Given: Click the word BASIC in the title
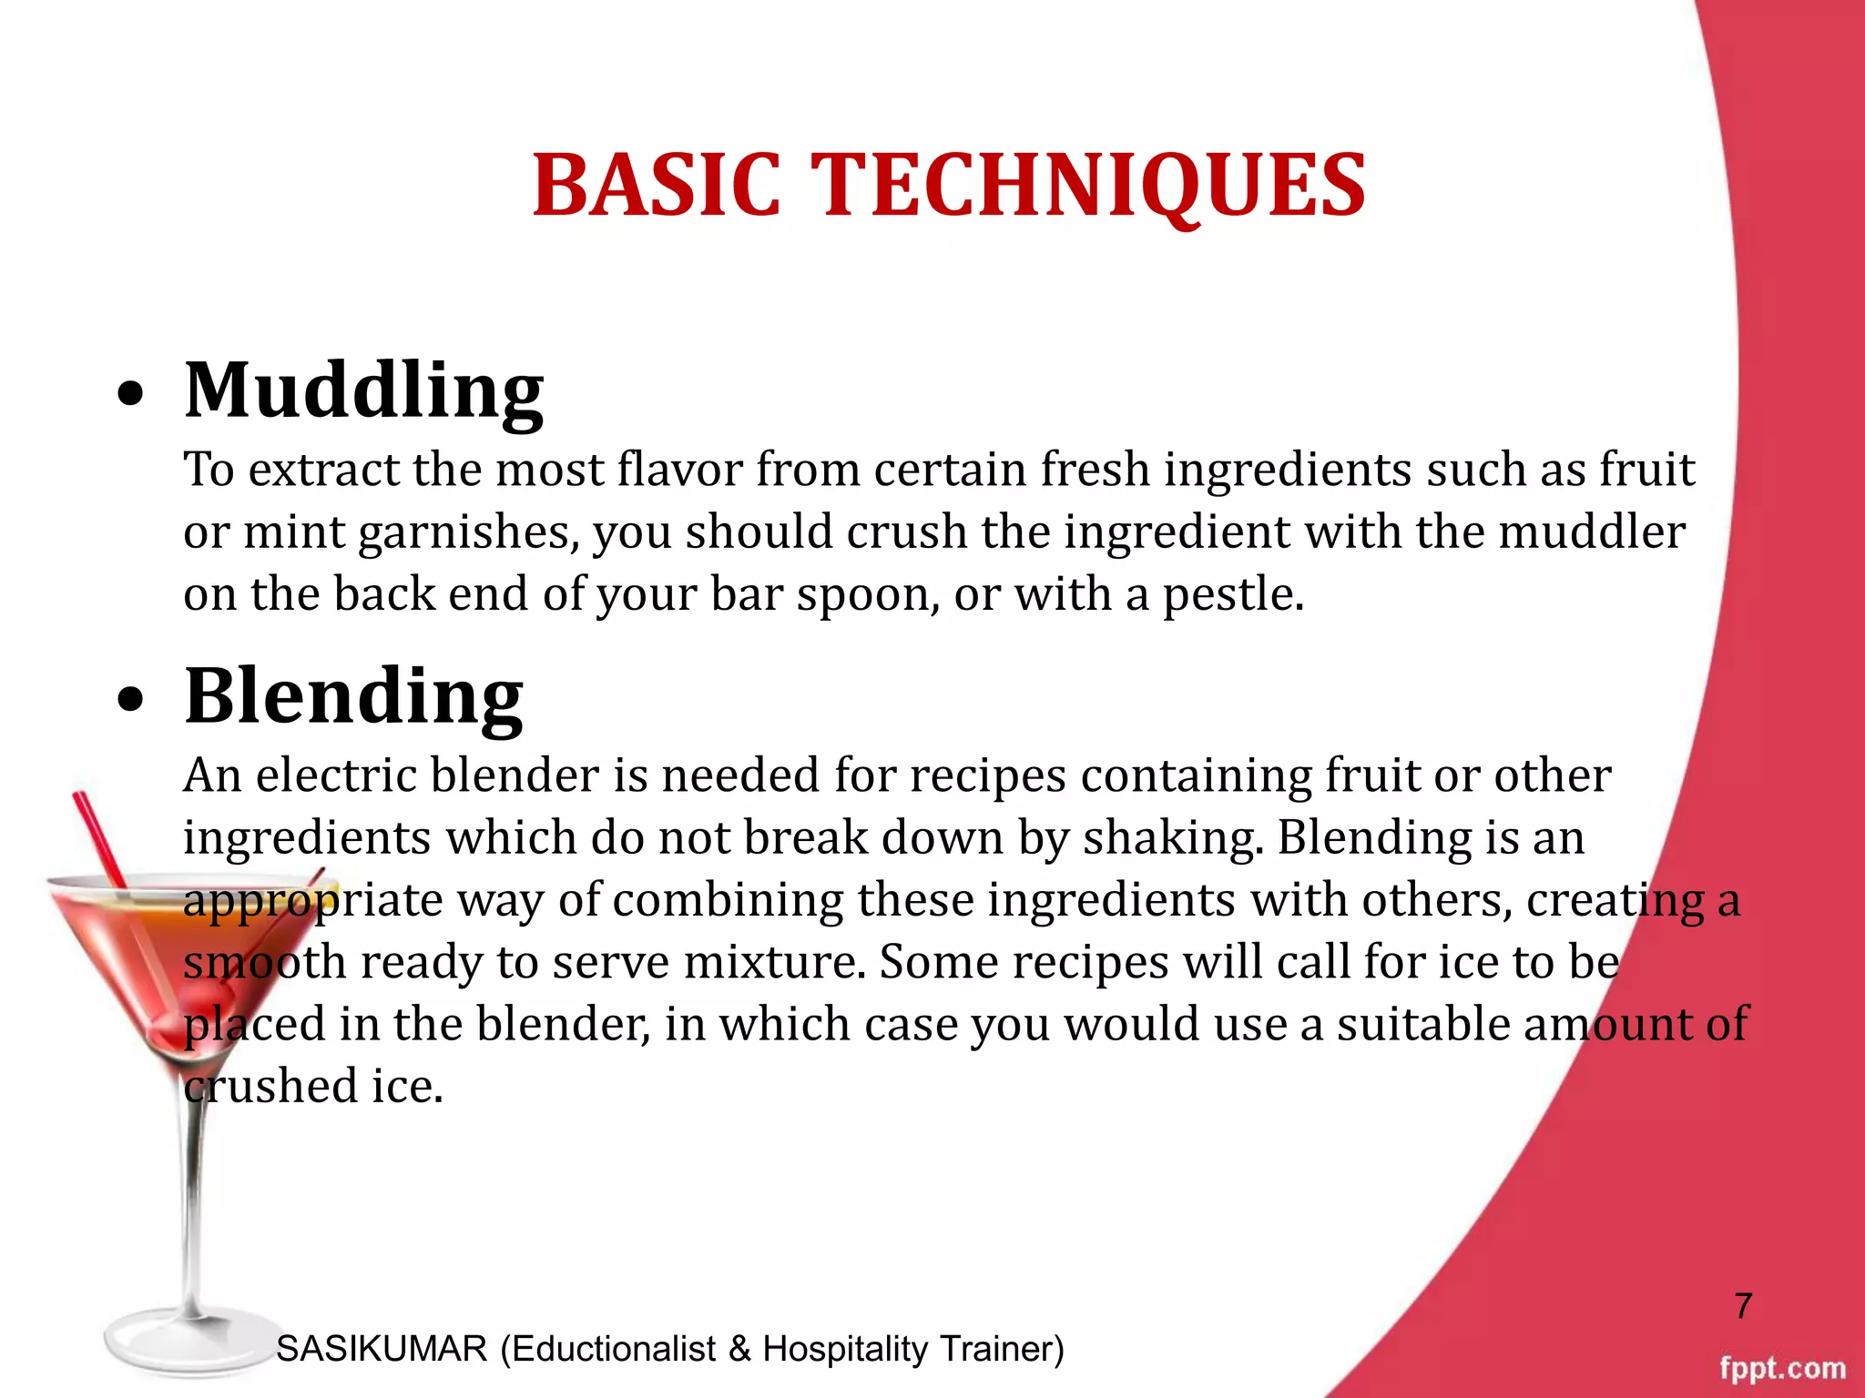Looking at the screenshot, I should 657,186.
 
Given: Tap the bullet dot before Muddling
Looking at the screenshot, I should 131,394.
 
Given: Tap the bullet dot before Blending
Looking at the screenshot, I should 131,699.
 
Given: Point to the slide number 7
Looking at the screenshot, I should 1743,1306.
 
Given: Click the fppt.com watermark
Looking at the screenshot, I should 1782,1368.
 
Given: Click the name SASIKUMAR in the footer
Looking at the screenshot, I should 382,1349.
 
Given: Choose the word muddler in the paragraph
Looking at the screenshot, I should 1592,532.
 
